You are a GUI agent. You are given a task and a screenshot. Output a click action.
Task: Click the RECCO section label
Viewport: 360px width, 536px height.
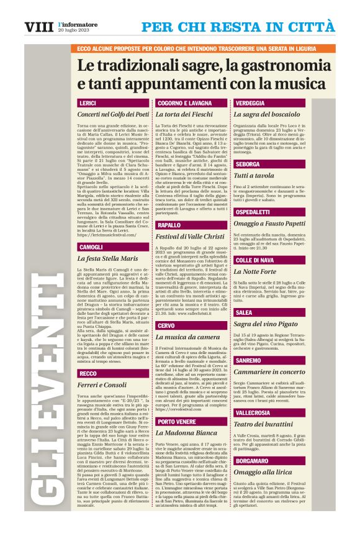tap(88, 373)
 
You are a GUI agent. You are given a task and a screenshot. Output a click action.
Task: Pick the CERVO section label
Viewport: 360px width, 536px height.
tap(166, 325)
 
